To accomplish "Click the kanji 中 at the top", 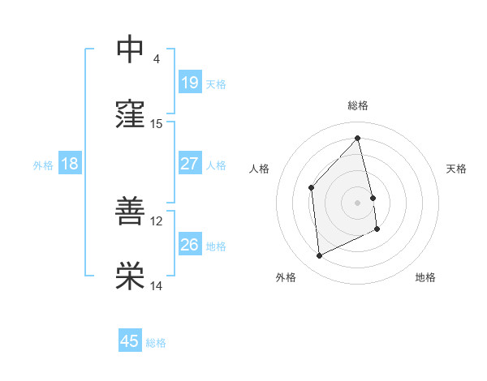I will click(130, 49).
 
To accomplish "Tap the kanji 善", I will click(130, 211).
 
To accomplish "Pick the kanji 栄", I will click(130, 276).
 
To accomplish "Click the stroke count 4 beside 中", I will click(157, 58).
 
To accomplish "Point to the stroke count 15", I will click(157, 123).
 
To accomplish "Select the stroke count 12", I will click(157, 220).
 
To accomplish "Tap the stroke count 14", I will click(157, 285).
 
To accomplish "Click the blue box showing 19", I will click(190, 82).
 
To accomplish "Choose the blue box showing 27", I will click(190, 163).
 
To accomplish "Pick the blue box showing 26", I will click(190, 244).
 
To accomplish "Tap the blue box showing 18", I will click(70, 164).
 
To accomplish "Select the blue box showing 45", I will click(130, 341).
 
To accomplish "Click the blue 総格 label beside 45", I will click(156, 343).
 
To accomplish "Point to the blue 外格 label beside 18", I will click(43, 165).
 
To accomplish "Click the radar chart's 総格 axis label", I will click(358, 105).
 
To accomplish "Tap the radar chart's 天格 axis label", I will click(457, 169).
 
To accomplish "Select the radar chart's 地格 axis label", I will click(425, 277).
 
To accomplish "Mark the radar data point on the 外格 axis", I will click(319, 256).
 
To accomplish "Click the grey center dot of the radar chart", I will click(358, 202).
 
